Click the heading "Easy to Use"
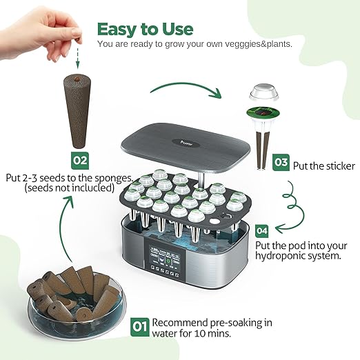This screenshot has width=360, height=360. (x=145, y=29)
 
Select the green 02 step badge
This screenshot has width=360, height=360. (x=81, y=160)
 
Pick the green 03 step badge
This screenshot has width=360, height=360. (x=281, y=163)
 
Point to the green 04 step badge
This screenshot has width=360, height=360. (x=262, y=230)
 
